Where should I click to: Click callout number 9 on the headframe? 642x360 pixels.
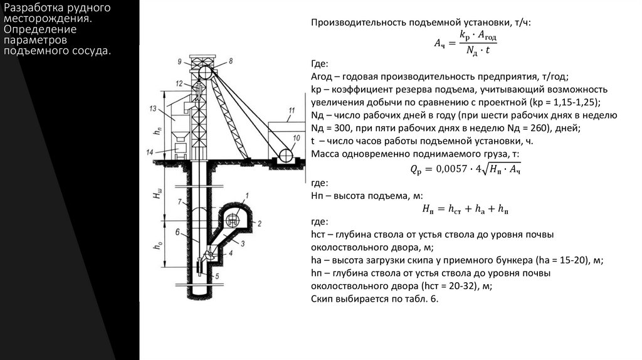[180, 61]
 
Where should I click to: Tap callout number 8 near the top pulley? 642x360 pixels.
[231, 61]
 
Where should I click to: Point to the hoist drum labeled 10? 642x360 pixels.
[285, 154]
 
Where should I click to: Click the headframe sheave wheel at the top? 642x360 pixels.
[205, 73]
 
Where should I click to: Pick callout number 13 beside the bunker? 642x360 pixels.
[152, 109]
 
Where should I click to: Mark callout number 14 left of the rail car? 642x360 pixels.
[150, 152]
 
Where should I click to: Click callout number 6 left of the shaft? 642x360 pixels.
[178, 232]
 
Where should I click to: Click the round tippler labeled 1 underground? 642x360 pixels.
[231, 220]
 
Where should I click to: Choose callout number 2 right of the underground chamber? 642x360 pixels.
[258, 223]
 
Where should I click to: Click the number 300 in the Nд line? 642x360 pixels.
[344, 128]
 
